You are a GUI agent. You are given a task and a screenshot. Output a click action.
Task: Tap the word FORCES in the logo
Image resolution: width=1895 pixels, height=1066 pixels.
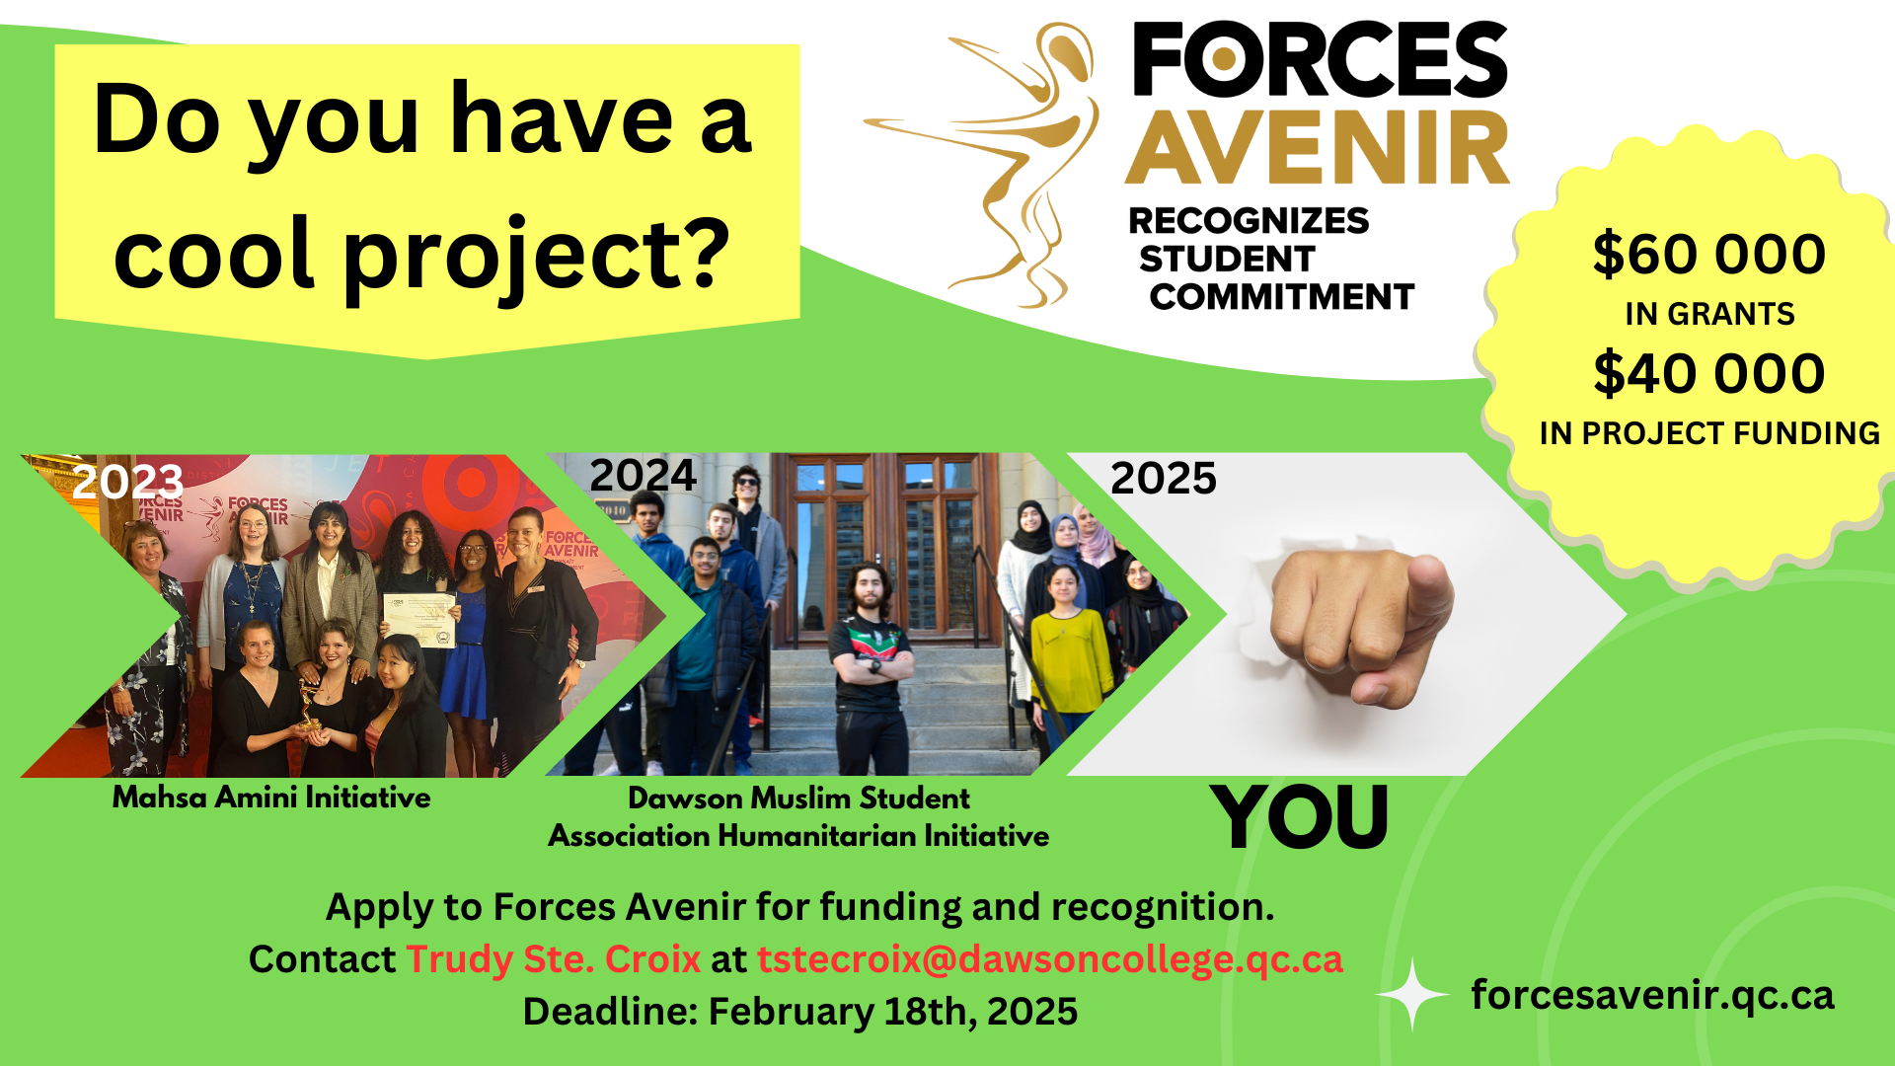click(x=1320, y=59)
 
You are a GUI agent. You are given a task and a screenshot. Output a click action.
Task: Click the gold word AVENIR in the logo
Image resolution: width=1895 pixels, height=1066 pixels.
click(x=1318, y=148)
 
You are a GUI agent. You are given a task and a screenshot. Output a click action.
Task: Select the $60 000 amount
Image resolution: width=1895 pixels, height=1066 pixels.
click(x=1708, y=254)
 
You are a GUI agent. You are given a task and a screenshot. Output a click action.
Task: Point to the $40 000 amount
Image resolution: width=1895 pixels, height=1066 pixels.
click(x=1708, y=373)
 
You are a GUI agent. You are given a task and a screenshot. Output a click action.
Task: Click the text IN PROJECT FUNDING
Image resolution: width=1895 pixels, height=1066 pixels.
click(x=1709, y=433)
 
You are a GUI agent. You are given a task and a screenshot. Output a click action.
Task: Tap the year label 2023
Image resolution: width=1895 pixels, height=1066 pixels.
click(x=128, y=482)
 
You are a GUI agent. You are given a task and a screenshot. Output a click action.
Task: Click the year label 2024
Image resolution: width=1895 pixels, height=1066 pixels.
click(x=644, y=476)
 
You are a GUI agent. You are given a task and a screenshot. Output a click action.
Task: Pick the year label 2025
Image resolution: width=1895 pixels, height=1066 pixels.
click(x=1164, y=479)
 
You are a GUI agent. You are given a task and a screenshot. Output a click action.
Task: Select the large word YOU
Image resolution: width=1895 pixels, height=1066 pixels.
click(x=1300, y=816)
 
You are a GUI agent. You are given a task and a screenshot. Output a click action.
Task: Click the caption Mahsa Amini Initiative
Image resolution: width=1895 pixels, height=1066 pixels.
click(x=271, y=798)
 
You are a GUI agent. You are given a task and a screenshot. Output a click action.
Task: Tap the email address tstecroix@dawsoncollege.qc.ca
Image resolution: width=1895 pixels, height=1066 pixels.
click(x=1050, y=959)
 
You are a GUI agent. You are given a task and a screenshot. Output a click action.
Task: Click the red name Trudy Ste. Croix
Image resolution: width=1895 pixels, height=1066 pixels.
click(x=554, y=959)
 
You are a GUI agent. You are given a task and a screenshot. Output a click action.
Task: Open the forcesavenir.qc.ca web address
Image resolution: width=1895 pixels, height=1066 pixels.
click(x=1652, y=995)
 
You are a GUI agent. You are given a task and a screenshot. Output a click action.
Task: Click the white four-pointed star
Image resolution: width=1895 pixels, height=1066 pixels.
click(x=1412, y=995)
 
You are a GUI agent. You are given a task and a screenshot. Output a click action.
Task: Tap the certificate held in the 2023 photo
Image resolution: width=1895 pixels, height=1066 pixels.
click(x=419, y=620)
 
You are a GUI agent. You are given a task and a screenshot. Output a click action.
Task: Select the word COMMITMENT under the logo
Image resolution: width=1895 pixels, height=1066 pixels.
click(x=1282, y=297)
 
